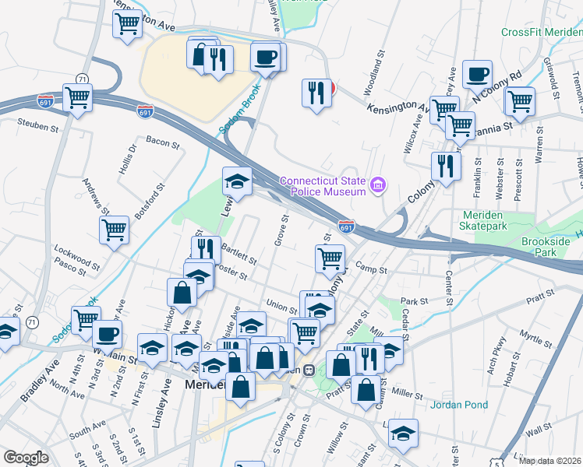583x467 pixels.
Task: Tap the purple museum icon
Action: pyautogui.click(x=379, y=184)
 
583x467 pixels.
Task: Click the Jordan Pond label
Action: pyautogui.click(x=460, y=405)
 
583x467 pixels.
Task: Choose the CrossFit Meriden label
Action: pyautogui.click(x=541, y=32)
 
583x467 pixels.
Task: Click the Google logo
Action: pyautogui.click(x=25, y=457)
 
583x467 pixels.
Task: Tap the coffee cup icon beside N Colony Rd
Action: pyautogui.click(x=477, y=74)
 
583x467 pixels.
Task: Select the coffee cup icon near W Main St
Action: pyautogui.click(x=107, y=334)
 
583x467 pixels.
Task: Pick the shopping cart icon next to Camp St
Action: pyautogui.click(x=330, y=258)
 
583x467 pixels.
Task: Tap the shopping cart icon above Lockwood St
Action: pyautogui.click(x=115, y=230)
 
